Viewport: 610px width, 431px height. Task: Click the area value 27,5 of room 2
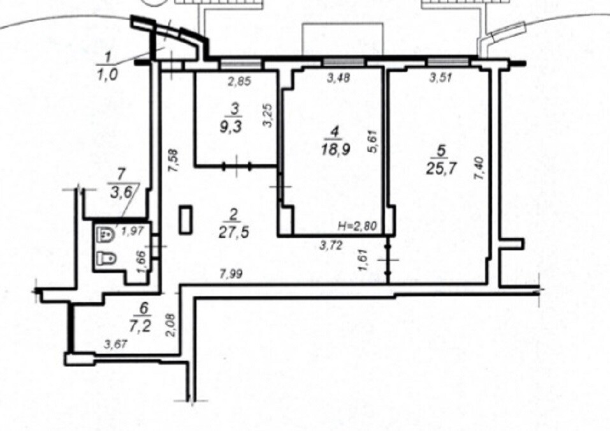(x=234, y=232)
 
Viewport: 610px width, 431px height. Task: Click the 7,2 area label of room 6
(x=143, y=324)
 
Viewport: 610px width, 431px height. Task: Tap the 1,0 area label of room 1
(x=107, y=74)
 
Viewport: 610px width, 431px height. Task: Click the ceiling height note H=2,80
(x=358, y=225)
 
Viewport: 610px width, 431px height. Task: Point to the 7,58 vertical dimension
(x=174, y=160)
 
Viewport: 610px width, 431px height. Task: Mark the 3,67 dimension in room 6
(x=115, y=345)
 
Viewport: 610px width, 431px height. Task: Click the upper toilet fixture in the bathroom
(x=105, y=234)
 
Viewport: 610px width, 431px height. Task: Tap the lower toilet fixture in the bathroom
(x=106, y=259)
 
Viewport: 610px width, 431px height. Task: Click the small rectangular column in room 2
(x=185, y=220)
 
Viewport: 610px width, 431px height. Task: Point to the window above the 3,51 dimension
(x=447, y=61)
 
